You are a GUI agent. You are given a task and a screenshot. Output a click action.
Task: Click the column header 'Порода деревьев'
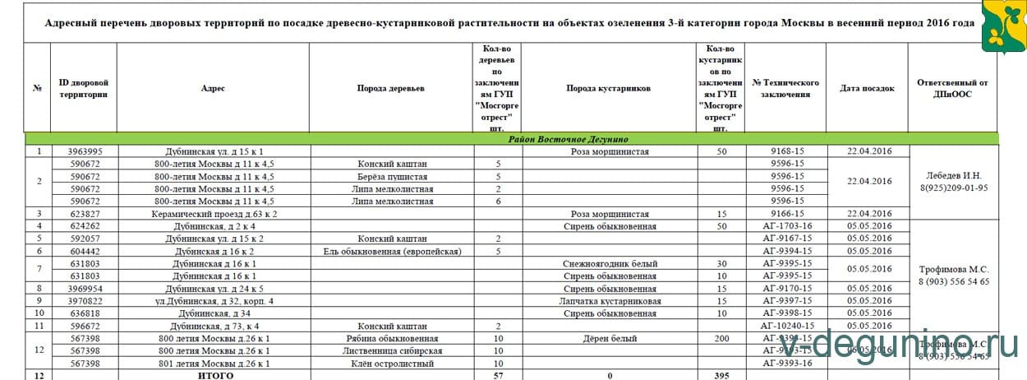[x=390, y=88]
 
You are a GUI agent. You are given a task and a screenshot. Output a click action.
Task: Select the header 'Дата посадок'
[x=867, y=88]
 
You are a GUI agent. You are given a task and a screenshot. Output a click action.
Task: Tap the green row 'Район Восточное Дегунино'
[x=511, y=139]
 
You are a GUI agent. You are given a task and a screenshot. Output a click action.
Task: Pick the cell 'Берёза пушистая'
[x=390, y=176]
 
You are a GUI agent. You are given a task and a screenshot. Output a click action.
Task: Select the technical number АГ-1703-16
[x=785, y=226]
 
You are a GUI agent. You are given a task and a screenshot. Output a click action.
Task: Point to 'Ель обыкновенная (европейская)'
[x=390, y=251]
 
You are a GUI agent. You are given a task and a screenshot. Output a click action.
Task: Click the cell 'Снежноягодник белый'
[x=609, y=263]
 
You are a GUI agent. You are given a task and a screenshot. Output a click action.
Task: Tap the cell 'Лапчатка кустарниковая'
[x=609, y=301]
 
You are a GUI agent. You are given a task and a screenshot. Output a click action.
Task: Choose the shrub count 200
[x=721, y=338]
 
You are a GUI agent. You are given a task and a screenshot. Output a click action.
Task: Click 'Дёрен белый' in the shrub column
[x=609, y=338]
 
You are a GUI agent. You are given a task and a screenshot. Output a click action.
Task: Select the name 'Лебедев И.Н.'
[x=953, y=175]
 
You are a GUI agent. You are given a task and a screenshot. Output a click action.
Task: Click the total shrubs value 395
[x=721, y=375]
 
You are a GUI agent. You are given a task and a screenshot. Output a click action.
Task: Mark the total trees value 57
[x=498, y=375]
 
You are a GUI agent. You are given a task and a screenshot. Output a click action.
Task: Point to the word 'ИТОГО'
[x=213, y=375]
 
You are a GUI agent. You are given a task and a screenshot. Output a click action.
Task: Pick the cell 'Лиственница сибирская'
[x=390, y=350]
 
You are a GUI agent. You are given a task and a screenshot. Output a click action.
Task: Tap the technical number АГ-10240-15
[x=785, y=326]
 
